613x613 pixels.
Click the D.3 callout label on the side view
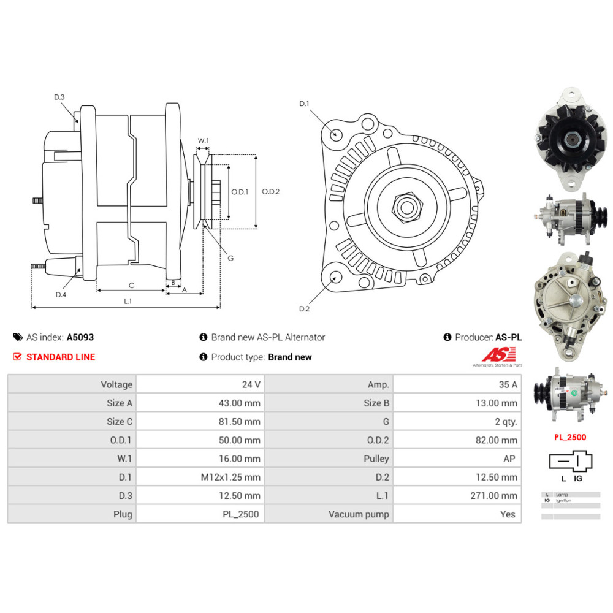[x=59, y=97]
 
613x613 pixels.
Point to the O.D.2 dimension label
[x=270, y=192]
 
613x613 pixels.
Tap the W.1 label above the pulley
[x=203, y=141]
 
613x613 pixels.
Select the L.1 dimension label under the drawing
[x=128, y=300]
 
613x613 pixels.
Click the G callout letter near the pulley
[x=230, y=258]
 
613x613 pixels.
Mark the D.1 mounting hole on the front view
[x=335, y=134]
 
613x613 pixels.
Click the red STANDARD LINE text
[x=61, y=357]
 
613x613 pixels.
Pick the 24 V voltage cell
[x=252, y=385]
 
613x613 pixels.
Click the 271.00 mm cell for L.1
[x=495, y=496]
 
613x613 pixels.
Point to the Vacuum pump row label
[x=359, y=514]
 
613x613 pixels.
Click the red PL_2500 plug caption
[x=569, y=437]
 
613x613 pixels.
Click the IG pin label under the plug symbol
[x=577, y=478]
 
